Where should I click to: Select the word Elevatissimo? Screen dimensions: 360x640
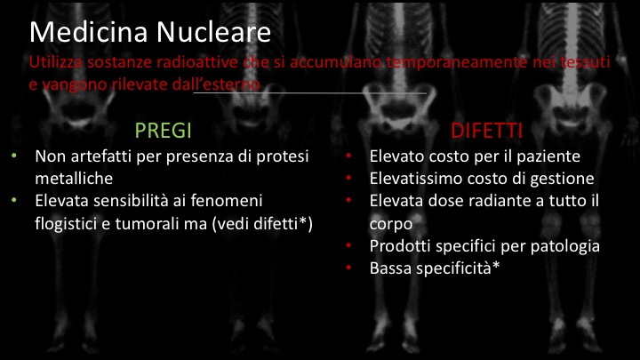[x=413, y=179]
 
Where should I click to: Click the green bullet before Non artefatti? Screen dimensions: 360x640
[x=15, y=157]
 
